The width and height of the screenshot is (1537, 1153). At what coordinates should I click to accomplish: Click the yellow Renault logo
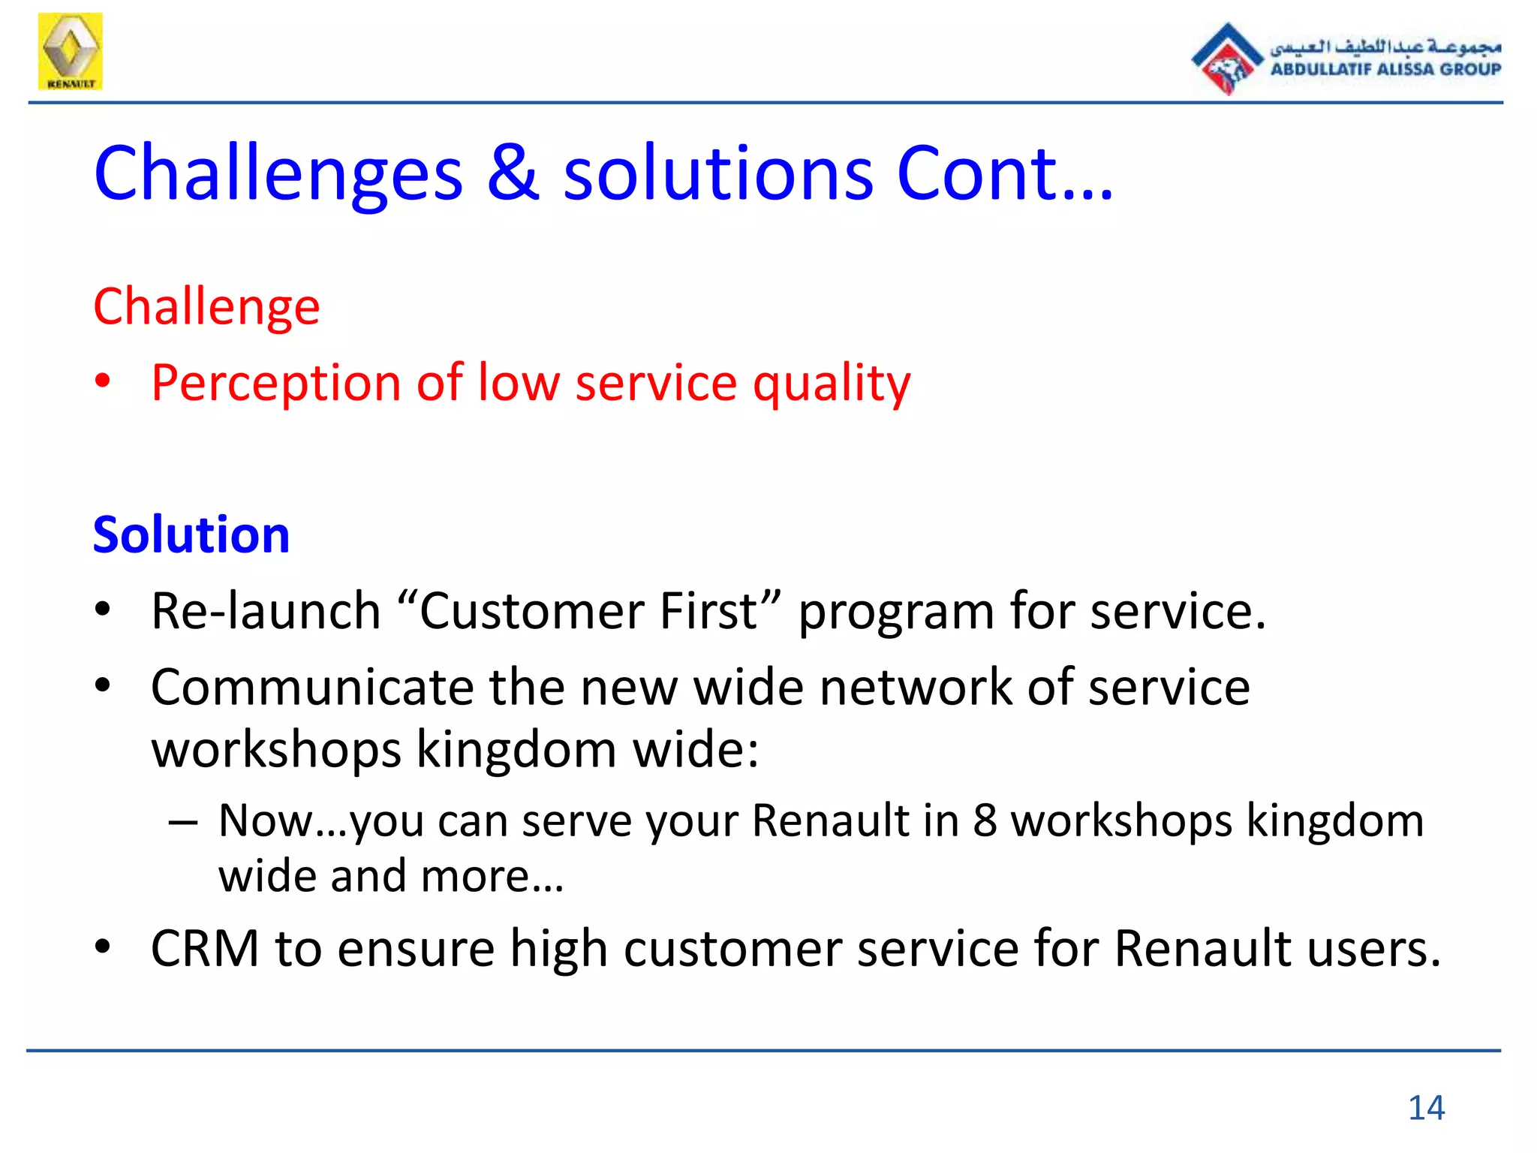coord(70,51)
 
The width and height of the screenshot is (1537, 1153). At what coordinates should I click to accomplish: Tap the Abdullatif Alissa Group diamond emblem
coord(1227,59)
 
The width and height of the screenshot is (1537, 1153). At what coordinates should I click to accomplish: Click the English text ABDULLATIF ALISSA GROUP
coord(1385,69)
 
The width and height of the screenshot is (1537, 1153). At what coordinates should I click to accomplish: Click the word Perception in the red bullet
coord(276,383)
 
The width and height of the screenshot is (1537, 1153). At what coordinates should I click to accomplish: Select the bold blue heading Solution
coord(191,534)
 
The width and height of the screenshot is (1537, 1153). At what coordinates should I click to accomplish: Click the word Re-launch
coord(266,610)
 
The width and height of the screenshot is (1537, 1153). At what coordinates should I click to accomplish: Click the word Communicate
coord(312,687)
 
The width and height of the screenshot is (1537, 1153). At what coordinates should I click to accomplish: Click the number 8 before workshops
coord(985,820)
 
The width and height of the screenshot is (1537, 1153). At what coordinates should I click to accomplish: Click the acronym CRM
coord(205,948)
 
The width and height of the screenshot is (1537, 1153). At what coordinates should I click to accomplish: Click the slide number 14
coord(1426,1108)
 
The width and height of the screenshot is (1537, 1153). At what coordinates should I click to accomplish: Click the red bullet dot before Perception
coord(103,382)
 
